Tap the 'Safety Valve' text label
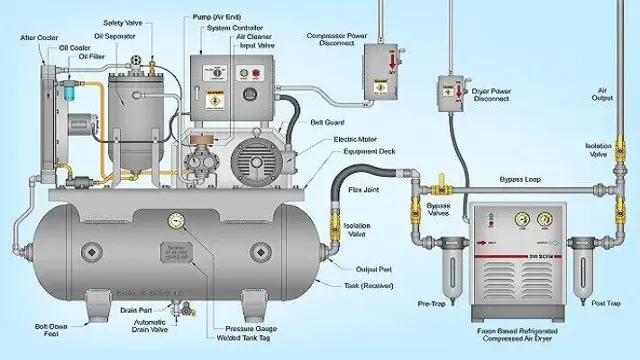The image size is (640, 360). click(x=123, y=22)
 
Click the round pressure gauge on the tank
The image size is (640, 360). click(x=177, y=220)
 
